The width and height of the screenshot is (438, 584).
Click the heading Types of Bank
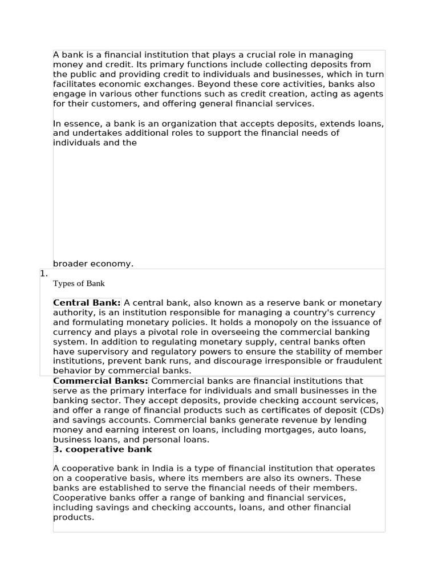pos(79,283)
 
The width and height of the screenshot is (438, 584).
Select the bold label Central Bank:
pos(87,303)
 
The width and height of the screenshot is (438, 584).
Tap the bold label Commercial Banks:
pos(100,381)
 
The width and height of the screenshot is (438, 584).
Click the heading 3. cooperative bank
pos(103,449)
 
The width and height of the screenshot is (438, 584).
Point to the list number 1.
pos(44,274)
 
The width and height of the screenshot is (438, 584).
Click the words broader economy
pos(93,263)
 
